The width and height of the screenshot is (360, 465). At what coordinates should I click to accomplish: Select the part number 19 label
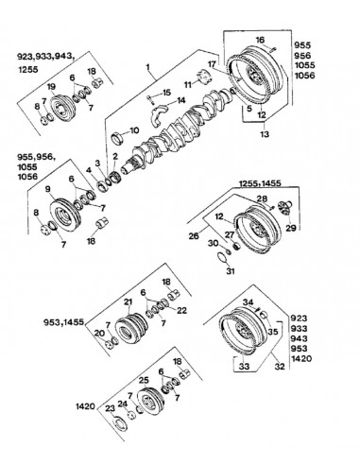tap(52, 87)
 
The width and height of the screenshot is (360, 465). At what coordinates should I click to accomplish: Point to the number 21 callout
tap(128, 301)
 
